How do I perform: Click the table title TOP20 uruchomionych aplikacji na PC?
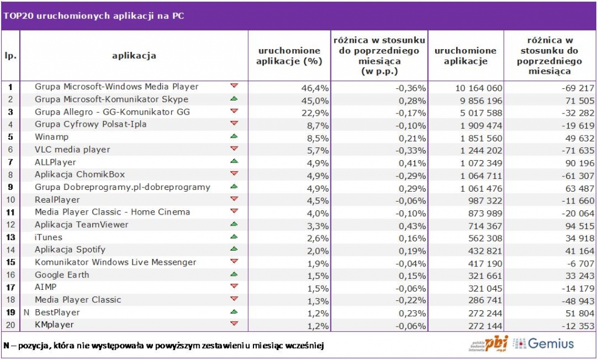(93, 16)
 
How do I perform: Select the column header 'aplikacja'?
(134, 56)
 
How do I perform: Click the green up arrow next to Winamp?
(234, 136)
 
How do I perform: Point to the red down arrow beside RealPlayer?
(234, 199)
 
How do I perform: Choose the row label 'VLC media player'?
(72, 150)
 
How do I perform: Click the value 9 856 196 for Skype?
(478, 99)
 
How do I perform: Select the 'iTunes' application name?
(48, 237)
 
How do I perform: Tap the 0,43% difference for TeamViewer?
(412, 224)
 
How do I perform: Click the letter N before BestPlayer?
(26, 313)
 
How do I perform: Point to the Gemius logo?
(544, 344)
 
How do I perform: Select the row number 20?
(10, 325)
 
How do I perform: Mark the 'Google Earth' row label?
(62, 275)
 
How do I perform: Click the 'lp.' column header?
(10, 56)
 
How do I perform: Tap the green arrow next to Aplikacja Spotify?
(234, 249)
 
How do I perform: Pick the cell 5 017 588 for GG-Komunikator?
(478, 112)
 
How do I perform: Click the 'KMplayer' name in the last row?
(55, 325)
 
